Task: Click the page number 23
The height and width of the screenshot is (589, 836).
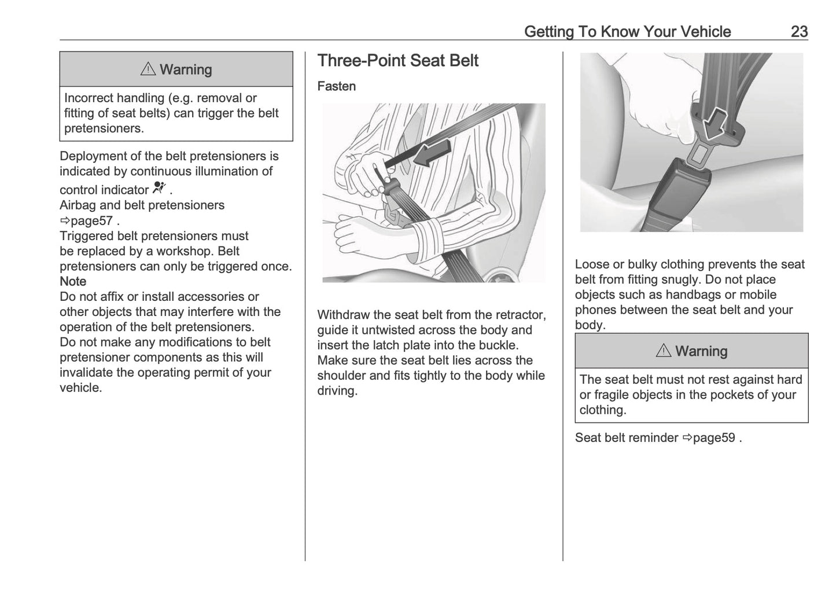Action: click(798, 31)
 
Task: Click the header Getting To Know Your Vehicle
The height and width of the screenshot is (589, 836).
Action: click(627, 31)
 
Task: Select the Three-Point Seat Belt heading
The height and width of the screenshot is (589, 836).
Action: click(397, 61)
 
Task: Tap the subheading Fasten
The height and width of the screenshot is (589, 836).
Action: click(336, 86)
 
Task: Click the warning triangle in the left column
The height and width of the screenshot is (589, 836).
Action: click(148, 69)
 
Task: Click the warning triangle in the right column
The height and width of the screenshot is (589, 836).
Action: click(663, 351)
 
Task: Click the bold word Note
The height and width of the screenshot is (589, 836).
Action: click(73, 281)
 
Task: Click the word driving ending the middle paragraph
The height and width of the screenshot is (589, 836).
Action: click(336, 391)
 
